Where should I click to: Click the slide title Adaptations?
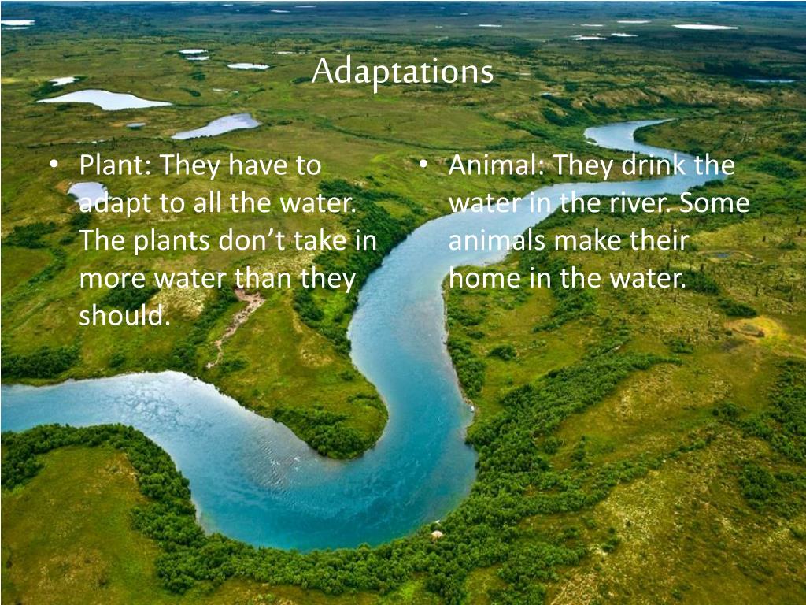(x=402, y=72)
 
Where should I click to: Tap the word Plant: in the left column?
(x=116, y=165)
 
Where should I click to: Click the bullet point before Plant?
(x=54, y=165)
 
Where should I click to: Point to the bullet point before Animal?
(x=423, y=165)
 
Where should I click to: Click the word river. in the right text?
(x=636, y=203)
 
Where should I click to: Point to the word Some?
(x=715, y=203)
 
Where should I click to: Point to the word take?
(x=320, y=240)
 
